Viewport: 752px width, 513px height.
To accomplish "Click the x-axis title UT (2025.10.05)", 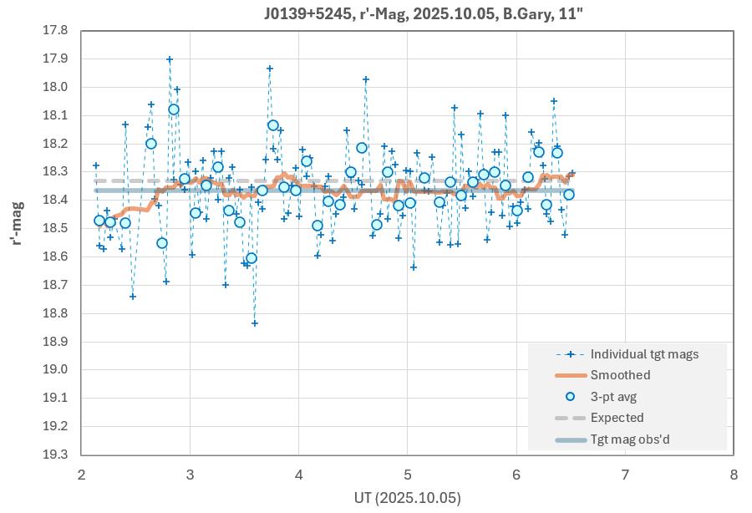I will [x=407, y=497].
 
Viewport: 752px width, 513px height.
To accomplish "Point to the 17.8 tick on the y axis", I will [x=55, y=30].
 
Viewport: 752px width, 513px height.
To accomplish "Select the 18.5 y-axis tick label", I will [x=55, y=228].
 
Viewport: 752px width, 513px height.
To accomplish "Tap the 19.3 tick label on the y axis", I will [x=55, y=455].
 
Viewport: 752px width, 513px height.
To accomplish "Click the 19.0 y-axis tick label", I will [x=55, y=369].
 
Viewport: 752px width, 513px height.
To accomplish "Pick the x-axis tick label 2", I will [x=81, y=473].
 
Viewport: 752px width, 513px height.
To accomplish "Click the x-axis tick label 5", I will [x=407, y=473].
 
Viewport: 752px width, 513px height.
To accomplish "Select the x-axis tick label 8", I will [x=733, y=473].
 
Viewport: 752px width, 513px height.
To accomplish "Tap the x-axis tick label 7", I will [x=624, y=473].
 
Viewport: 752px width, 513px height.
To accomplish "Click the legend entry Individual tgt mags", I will [x=644, y=354].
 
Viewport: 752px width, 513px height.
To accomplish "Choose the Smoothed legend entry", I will [x=620, y=375].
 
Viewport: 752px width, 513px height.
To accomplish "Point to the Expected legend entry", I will [x=617, y=418].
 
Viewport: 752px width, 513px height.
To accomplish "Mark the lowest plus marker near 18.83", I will [x=255, y=323].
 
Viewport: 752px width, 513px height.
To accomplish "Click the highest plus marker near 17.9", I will [x=170, y=59].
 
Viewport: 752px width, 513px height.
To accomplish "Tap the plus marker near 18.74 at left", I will [x=133, y=297].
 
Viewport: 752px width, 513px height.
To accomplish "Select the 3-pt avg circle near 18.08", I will [x=174, y=109].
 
